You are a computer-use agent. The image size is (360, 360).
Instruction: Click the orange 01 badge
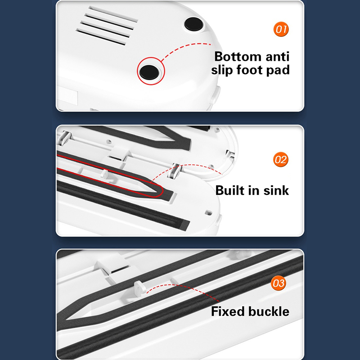click(281, 29)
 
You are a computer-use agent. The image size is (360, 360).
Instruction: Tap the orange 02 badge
click(280, 159)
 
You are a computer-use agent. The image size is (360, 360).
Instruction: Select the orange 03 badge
click(278, 283)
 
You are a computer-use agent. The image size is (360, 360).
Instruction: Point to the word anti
click(278, 57)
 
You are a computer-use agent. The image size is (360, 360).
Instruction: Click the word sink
click(276, 190)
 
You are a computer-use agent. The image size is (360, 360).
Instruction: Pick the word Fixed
click(228, 311)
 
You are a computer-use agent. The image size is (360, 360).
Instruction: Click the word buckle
click(269, 311)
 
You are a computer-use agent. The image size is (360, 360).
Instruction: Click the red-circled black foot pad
click(149, 72)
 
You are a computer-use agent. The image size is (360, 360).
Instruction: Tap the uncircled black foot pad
click(193, 24)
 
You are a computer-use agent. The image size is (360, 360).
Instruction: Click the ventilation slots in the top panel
click(107, 25)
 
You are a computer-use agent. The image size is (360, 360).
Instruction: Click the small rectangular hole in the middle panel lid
click(208, 212)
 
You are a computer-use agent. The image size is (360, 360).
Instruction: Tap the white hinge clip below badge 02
click(175, 171)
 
